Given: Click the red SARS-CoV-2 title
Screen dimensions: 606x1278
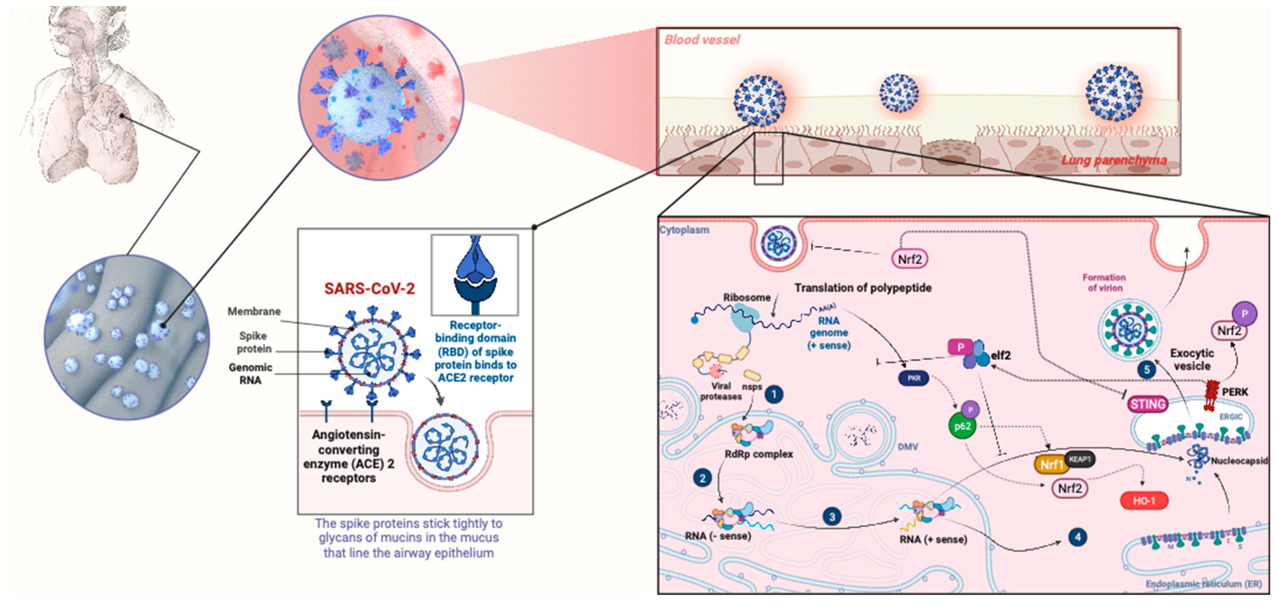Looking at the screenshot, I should click(x=369, y=289).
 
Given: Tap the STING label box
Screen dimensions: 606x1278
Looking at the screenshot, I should click(x=1147, y=404).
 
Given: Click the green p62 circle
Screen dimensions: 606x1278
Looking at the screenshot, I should click(x=962, y=426).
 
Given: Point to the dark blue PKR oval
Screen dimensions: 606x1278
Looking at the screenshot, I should click(x=914, y=379).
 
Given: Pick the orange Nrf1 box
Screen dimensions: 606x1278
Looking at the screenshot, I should click(x=1051, y=465).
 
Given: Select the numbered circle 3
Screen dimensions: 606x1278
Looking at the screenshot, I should click(x=832, y=517).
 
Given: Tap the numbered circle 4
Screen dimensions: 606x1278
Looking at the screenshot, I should click(x=1077, y=537).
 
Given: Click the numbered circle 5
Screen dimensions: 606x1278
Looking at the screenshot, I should click(x=1147, y=370).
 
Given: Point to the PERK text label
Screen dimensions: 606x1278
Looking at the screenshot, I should click(x=1235, y=392).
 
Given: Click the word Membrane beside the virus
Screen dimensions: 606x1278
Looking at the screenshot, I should click(x=254, y=311).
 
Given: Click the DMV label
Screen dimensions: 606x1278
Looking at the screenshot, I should click(x=907, y=447).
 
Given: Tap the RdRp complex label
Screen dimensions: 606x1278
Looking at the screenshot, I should click(x=759, y=454).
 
